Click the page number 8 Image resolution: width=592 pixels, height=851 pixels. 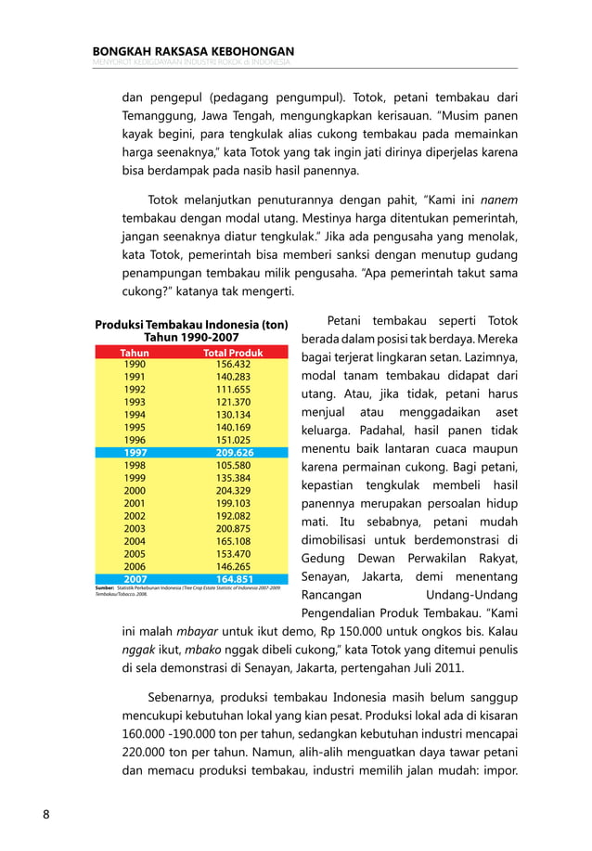coord(45,815)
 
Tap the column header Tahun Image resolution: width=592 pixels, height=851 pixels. coord(135,353)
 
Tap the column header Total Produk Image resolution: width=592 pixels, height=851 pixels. coord(234,353)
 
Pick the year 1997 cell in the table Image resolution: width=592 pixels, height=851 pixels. coord(135,453)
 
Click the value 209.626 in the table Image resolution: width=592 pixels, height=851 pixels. coord(234,453)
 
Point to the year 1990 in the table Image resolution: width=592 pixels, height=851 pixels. coord(135,365)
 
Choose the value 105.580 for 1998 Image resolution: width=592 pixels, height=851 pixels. coord(234,465)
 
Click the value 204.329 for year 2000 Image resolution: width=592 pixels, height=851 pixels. coord(234,490)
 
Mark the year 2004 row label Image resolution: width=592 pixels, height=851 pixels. coord(135,540)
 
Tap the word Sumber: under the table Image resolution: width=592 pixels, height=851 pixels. coord(105,588)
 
